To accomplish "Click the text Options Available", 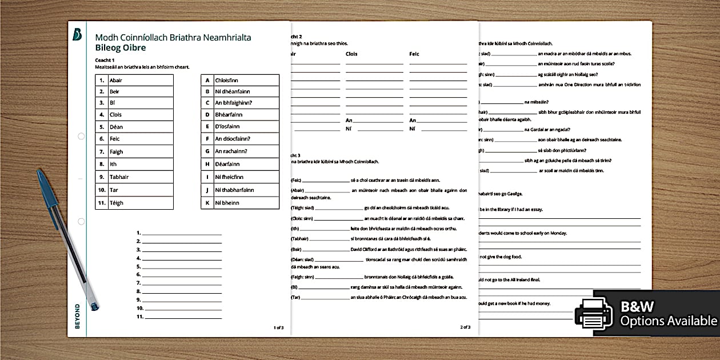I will click(668, 321).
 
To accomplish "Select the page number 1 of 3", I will click(278, 327).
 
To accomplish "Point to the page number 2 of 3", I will click(465, 327).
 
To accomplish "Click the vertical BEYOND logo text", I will click(77, 316).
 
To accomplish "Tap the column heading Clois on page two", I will click(352, 54).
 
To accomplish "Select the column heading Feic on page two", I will click(414, 54).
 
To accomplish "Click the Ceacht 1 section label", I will click(105, 60).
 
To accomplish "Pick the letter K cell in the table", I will click(207, 203).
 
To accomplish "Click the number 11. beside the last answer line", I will click(138, 316).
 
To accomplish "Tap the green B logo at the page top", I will click(77, 34).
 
